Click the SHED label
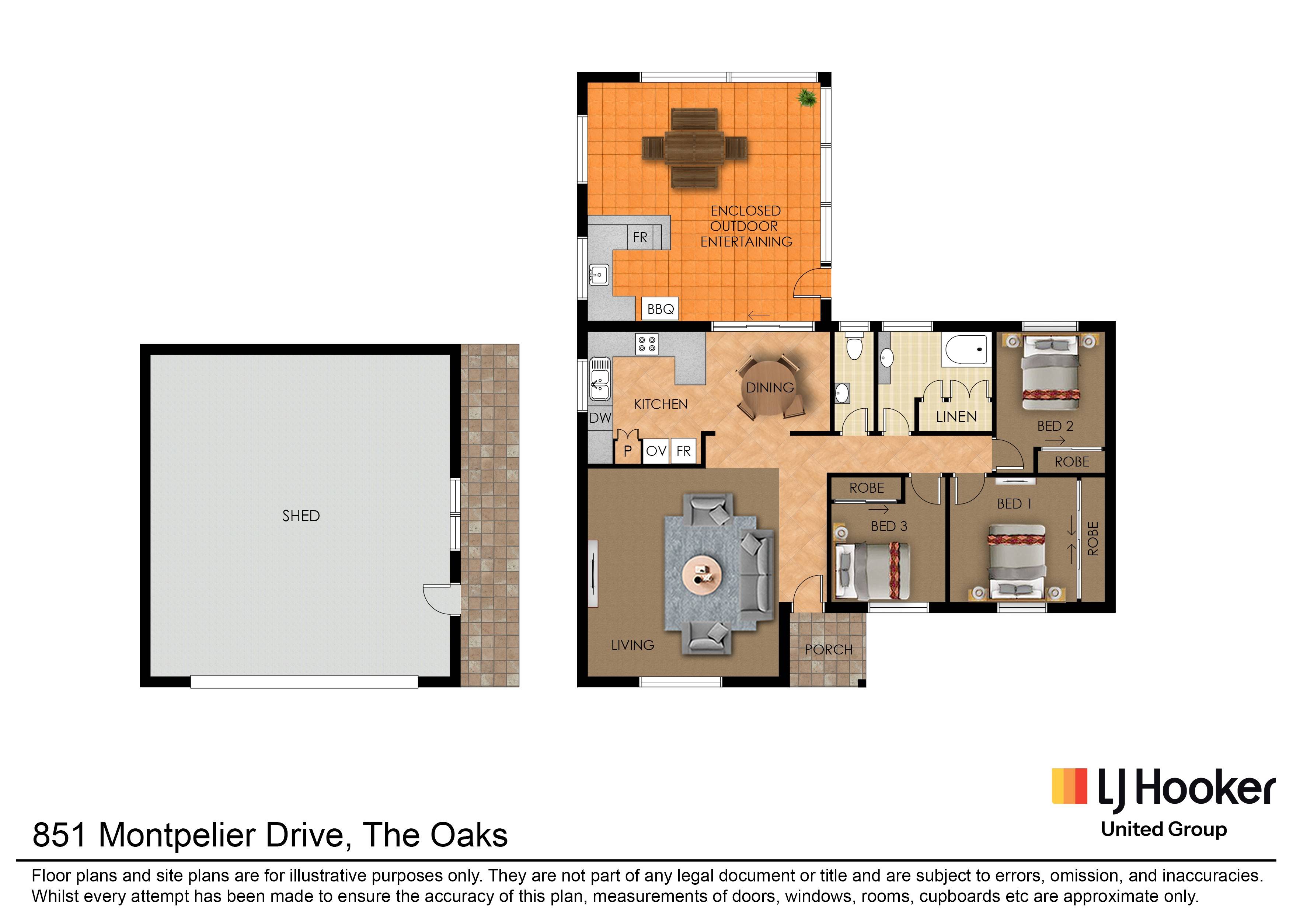[301, 516]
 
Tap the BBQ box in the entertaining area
[660, 309]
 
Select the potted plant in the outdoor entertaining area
[807, 98]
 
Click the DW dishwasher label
[600, 418]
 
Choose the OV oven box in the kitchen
[656, 451]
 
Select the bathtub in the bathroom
[966, 349]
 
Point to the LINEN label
[956, 417]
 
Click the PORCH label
[828, 650]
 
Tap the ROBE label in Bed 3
[867, 488]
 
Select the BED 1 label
[1014, 504]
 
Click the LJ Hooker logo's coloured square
[1069, 786]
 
